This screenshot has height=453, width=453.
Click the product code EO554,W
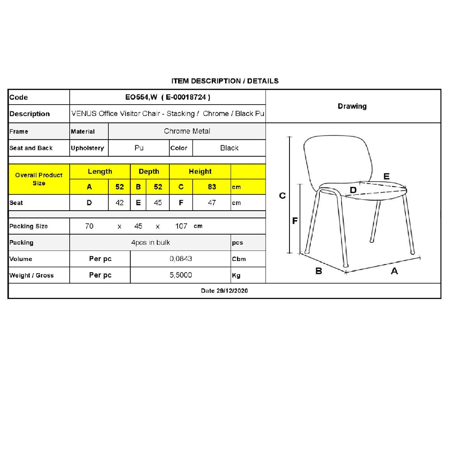(x=141, y=97)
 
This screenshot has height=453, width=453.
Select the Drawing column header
(x=352, y=106)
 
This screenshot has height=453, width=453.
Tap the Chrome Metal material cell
(x=187, y=131)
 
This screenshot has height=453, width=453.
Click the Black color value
(x=229, y=148)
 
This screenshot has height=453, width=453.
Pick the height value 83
(x=212, y=187)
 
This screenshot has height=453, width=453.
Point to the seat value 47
(x=212, y=203)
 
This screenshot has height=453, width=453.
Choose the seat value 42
(x=120, y=203)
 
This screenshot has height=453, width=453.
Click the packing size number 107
(x=181, y=226)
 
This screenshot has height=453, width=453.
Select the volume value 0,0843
(x=181, y=259)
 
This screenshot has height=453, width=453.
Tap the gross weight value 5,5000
(x=181, y=275)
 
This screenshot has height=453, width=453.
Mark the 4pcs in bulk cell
(x=150, y=243)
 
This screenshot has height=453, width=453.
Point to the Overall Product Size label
(x=39, y=179)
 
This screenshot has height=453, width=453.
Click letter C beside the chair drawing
(x=282, y=196)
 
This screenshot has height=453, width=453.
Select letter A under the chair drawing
(x=394, y=271)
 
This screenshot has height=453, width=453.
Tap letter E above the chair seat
(x=386, y=177)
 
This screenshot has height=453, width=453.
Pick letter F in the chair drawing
(x=295, y=221)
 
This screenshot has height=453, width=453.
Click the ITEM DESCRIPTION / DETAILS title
(x=225, y=81)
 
